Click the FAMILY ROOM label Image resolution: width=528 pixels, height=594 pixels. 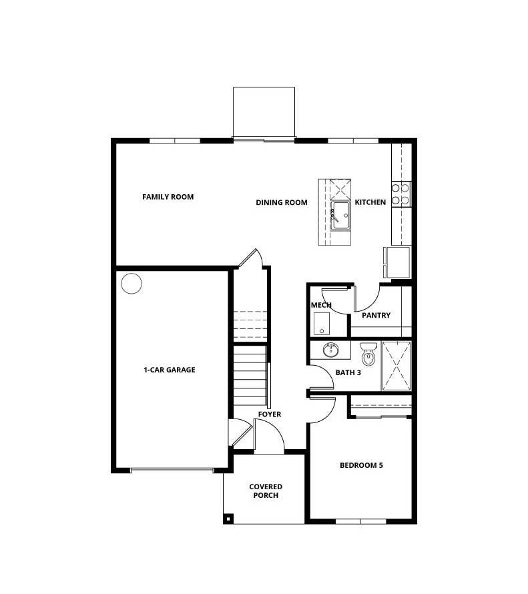point(168,197)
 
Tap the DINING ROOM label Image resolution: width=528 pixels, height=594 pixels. point(281,202)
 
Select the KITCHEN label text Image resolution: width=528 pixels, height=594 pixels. point(370,202)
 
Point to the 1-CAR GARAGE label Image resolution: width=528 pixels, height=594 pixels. point(169,370)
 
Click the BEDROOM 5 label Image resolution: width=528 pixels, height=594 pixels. point(361,465)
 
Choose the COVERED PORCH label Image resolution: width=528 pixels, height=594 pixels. point(266,491)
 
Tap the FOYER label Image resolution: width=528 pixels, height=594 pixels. point(270,414)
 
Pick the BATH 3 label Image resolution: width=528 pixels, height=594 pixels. point(348,372)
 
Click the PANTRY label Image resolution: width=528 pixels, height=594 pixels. point(376,316)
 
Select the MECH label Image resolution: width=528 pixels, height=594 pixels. point(321,306)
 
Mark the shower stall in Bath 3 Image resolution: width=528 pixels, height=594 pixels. point(396,366)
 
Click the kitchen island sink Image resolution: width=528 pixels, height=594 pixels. point(340,216)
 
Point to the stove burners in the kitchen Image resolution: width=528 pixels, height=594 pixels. point(401,194)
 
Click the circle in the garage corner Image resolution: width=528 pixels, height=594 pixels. point(131,284)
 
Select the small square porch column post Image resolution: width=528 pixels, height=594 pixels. point(228,519)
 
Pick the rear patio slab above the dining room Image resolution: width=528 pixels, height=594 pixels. point(264,111)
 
